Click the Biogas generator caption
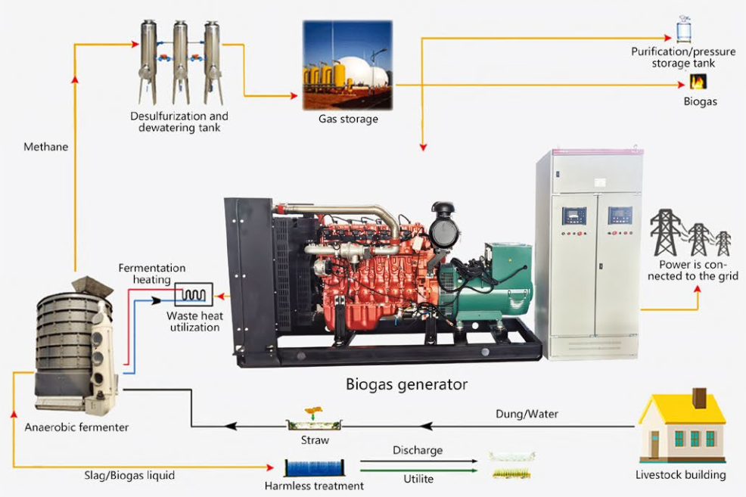(406, 384)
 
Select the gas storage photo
(347, 65)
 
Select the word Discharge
(417, 450)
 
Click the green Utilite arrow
(418, 470)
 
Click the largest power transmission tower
(666, 231)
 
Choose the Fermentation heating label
(151, 274)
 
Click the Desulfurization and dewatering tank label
(179, 122)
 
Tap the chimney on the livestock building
(700, 398)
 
